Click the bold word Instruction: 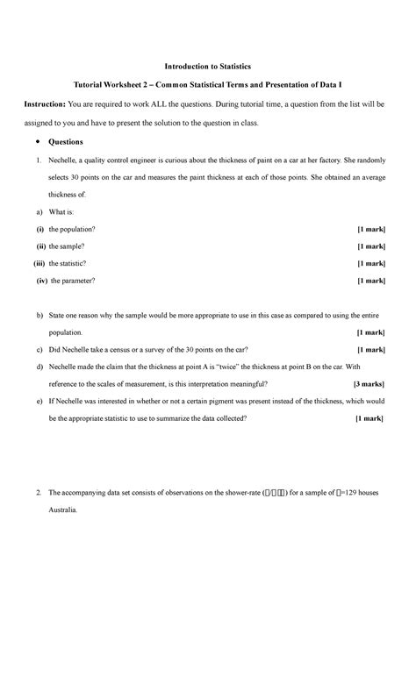pyautogui.click(x=52, y=104)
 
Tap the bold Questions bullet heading pyautogui.click(x=66, y=141)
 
